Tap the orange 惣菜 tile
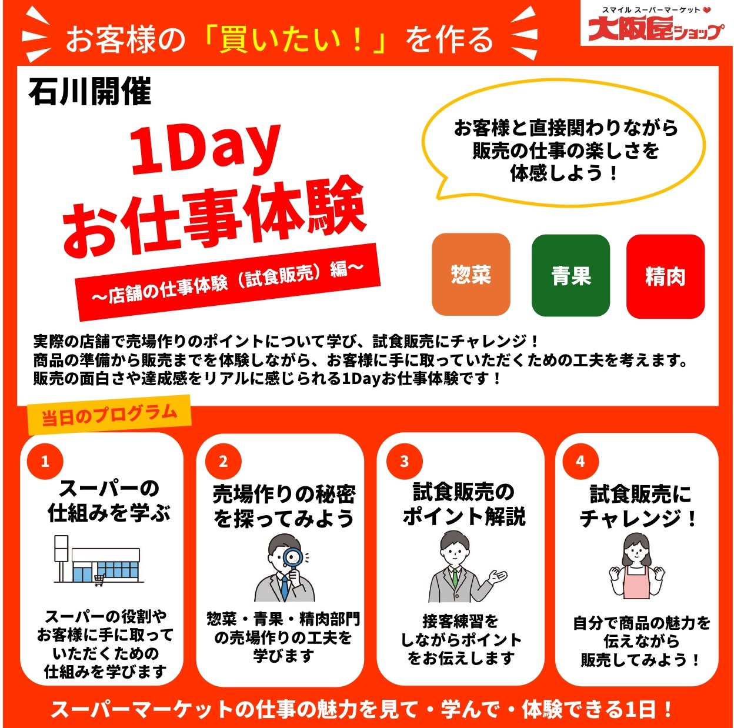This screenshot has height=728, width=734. tap(471, 274)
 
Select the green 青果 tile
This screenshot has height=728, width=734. tap(570, 275)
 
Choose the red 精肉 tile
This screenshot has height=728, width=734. tap(665, 276)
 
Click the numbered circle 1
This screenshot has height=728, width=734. tap(45, 462)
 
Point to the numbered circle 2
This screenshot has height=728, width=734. tap(223, 462)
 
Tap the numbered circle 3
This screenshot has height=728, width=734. tap(404, 462)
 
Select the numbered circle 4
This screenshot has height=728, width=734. tap(580, 462)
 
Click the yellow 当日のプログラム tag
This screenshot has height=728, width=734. tap(109, 415)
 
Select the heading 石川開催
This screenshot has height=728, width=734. tap(90, 91)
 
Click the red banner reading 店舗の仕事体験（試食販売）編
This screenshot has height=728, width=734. tap(228, 282)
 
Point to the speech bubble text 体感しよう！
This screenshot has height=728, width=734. tap(564, 173)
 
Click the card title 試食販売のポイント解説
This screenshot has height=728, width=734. tap(463, 505)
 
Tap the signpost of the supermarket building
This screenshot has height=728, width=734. tap(61, 559)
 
